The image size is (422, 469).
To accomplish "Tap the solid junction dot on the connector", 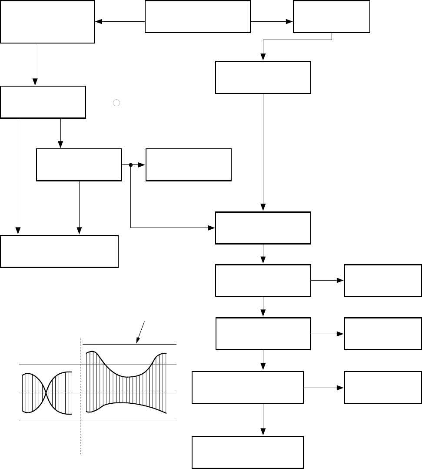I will click(x=131, y=165).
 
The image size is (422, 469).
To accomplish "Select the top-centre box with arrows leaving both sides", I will click(x=198, y=17).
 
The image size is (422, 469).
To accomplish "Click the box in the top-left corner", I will click(x=47, y=21).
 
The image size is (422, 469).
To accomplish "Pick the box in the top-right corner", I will click(x=332, y=17).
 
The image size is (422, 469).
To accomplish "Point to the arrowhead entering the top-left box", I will click(x=98, y=21).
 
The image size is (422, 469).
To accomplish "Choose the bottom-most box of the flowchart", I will click(x=248, y=452).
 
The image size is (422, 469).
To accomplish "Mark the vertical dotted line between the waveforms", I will click(x=81, y=396).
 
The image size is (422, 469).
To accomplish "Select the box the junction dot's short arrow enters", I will click(x=189, y=165).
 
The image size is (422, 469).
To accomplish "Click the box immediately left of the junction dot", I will click(x=79, y=165).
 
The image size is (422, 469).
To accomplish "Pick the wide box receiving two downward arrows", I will click(x=60, y=251).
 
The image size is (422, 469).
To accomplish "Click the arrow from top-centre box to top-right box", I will click(x=272, y=21).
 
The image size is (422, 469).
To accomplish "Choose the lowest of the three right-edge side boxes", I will click(x=383, y=387).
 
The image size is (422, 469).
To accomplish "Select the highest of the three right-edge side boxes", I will click(x=383, y=281).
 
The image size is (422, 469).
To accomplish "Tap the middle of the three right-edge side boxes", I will click(x=383, y=334).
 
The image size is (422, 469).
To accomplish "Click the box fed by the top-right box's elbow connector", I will click(x=263, y=77).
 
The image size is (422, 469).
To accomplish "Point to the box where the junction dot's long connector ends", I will click(x=263, y=228).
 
